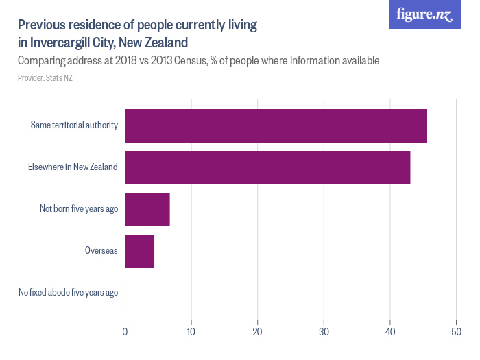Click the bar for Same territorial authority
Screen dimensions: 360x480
[x=276, y=125]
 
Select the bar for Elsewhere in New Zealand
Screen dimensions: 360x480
[x=267, y=167]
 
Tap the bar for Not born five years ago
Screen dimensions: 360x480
[x=147, y=209]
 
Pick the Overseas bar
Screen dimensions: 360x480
[x=140, y=251]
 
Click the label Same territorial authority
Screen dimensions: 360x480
[x=74, y=125]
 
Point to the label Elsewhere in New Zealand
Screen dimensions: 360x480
[x=73, y=167]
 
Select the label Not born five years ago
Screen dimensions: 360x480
[x=79, y=209]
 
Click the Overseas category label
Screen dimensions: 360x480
[x=101, y=251]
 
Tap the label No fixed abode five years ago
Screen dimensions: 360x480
[x=69, y=293]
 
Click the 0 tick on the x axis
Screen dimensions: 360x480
[x=125, y=332]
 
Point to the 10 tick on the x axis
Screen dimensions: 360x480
[x=191, y=332]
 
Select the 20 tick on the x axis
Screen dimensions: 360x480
[x=257, y=332]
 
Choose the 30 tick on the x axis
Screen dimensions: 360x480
[x=324, y=332]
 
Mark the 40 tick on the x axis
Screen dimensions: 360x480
[x=389, y=332]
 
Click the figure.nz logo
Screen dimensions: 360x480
[x=425, y=14]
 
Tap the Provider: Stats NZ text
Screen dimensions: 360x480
[x=45, y=78]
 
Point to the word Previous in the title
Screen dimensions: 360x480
[x=43, y=25]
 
